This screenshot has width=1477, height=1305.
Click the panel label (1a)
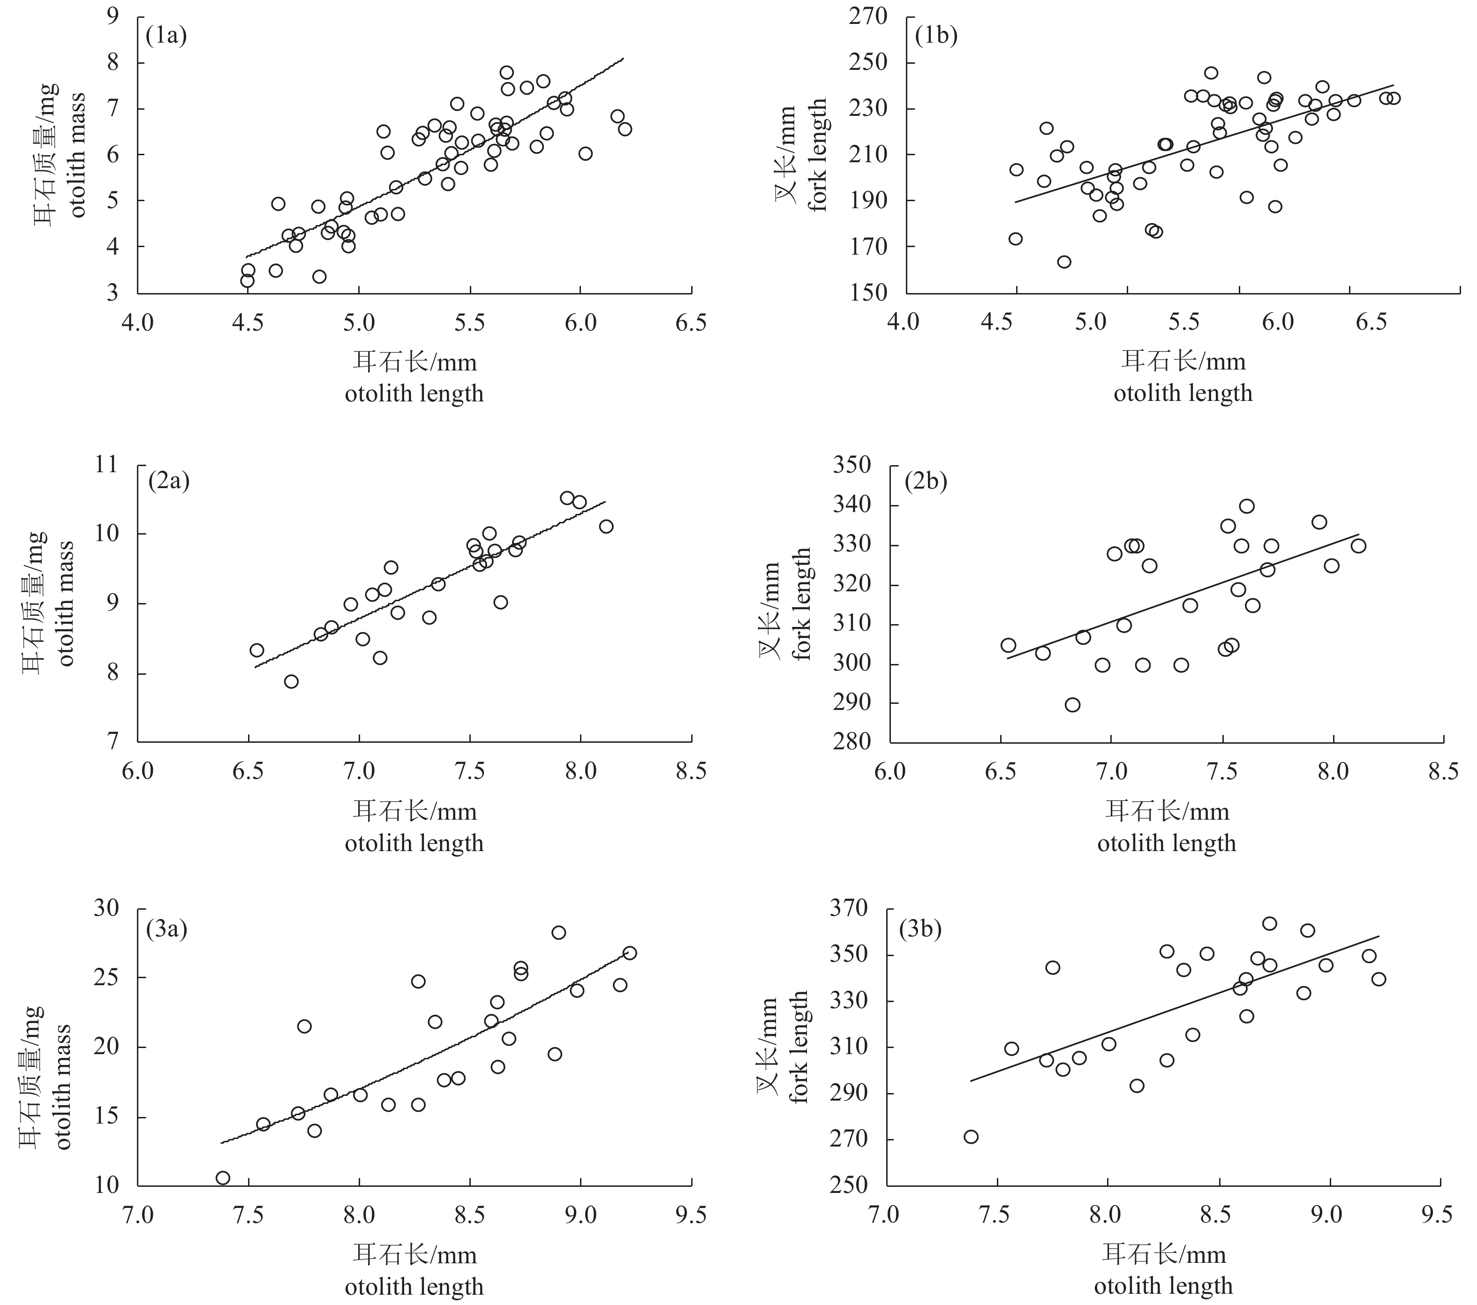[166, 36]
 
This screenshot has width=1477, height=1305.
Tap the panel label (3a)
[166, 929]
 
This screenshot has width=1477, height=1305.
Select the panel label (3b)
[920, 929]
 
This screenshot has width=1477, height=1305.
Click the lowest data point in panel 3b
[971, 1137]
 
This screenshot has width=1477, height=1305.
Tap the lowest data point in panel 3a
[223, 1178]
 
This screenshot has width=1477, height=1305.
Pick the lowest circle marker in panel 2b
[1072, 704]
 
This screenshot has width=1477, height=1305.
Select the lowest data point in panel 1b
[1063, 262]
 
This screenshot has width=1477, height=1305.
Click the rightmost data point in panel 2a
[605, 526]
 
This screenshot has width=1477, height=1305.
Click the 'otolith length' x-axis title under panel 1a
[414, 394]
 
